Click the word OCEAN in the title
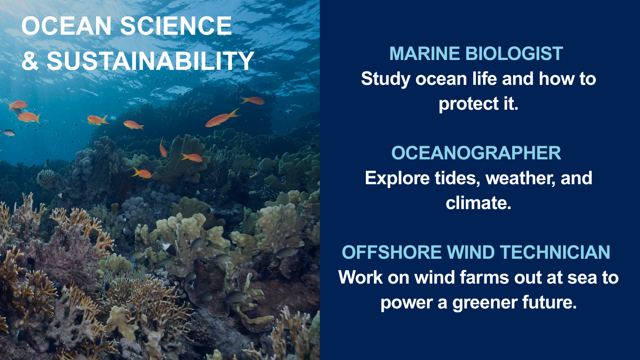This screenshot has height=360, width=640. click(66, 26)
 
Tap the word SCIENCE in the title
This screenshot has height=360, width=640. click(176, 26)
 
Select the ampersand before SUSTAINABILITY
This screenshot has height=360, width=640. click(30, 60)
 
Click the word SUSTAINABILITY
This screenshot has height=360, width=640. click(150, 60)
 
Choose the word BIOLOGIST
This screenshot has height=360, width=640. click(514, 53)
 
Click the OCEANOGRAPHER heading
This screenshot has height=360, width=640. click(476, 153)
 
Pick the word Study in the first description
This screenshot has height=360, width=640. click(386, 79)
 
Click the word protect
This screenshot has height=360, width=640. click(469, 104)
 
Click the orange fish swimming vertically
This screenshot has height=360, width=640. click(163, 147)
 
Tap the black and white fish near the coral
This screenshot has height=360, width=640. click(168, 247)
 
